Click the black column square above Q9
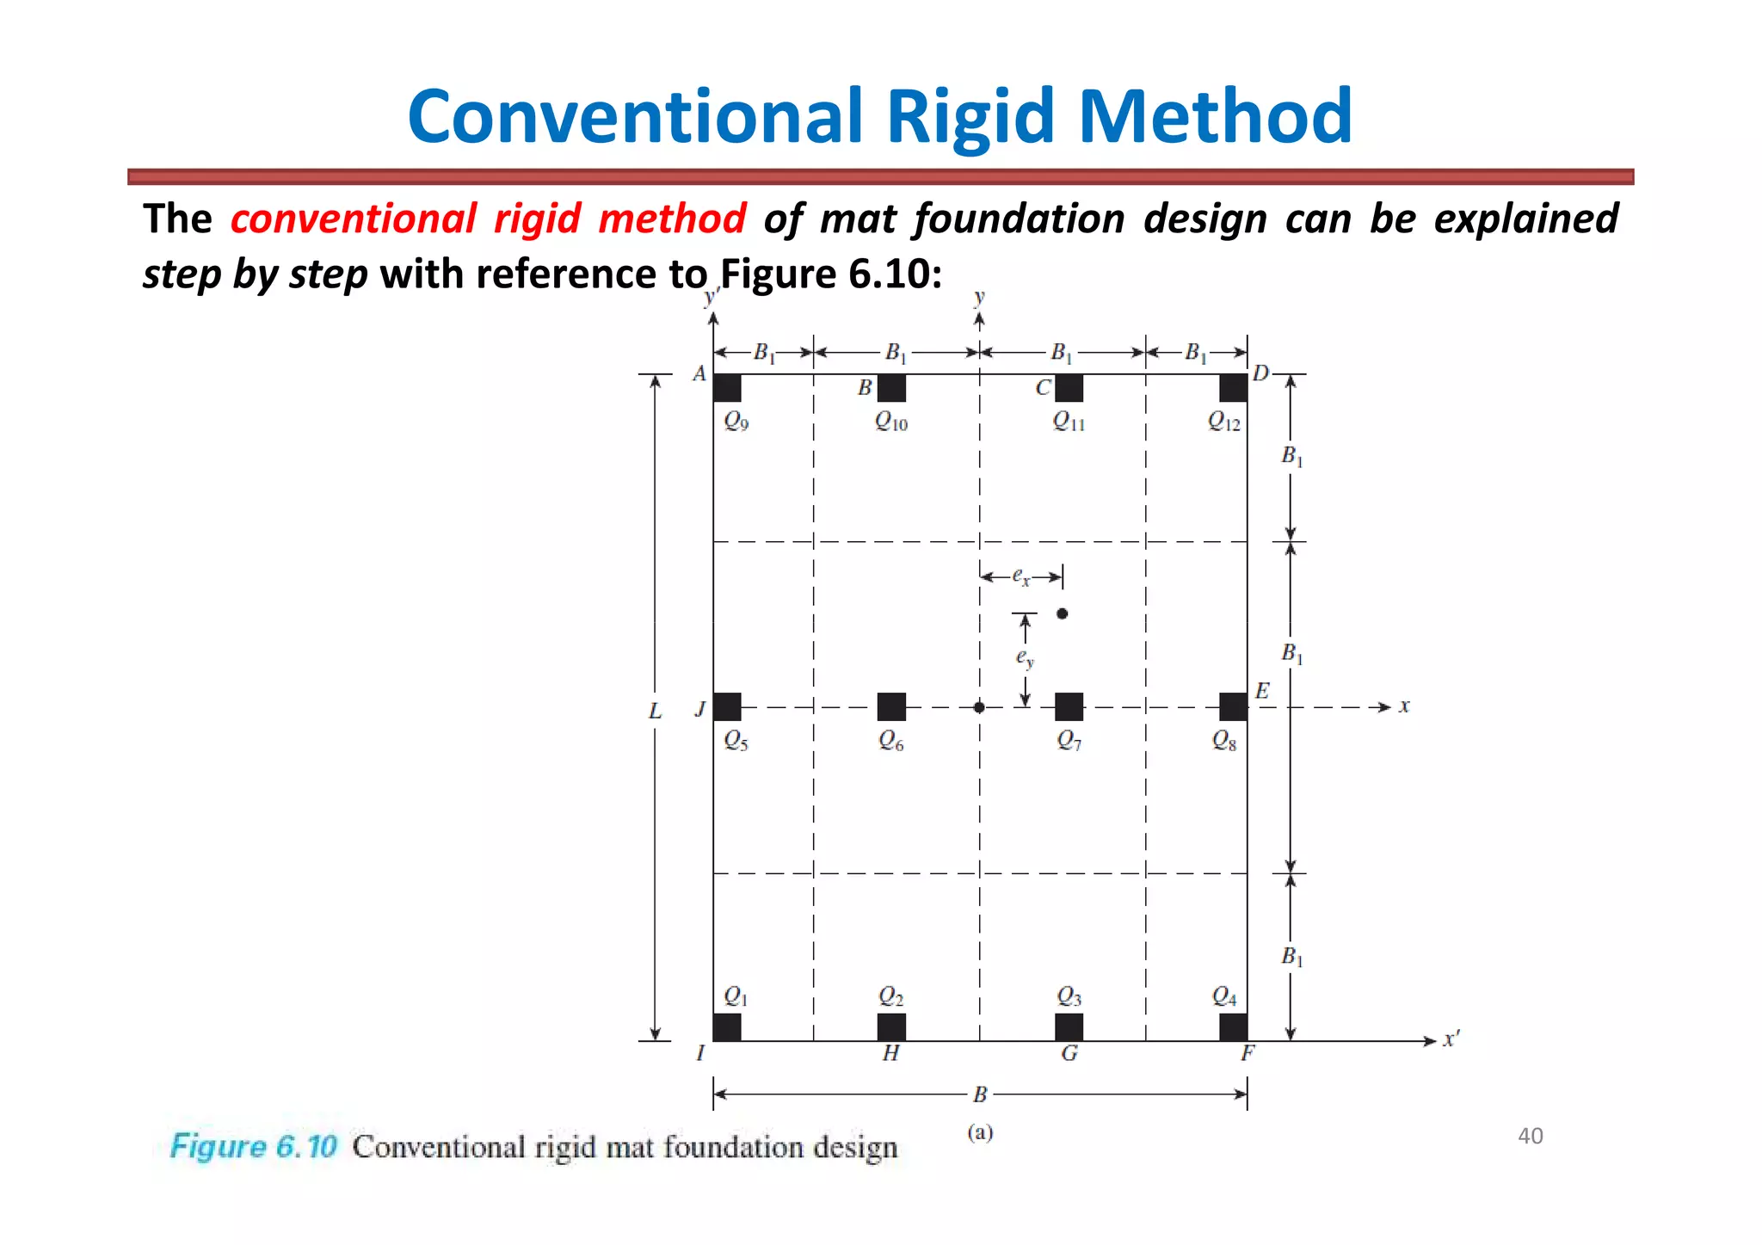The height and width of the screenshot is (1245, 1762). click(x=727, y=388)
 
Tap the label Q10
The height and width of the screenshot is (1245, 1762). click(x=891, y=421)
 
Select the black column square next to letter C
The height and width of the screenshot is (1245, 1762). click(x=1069, y=388)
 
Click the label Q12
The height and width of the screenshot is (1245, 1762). click(x=1224, y=421)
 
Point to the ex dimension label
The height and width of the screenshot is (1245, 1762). click(x=1020, y=576)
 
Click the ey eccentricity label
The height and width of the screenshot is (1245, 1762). click(x=1024, y=658)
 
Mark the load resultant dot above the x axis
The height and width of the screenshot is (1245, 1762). click(x=1063, y=613)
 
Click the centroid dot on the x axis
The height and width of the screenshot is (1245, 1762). click(x=979, y=707)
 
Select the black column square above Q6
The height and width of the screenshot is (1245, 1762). click(x=891, y=706)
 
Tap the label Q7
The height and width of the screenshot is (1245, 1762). click(x=1069, y=740)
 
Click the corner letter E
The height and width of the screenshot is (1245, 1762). click(x=1262, y=691)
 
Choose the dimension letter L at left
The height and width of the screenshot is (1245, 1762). click(x=656, y=712)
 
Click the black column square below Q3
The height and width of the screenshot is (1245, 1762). click(x=1069, y=1026)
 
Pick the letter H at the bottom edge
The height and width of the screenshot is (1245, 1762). click(x=891, y=1053)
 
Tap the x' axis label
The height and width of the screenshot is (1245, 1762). click(x=1451, y=1039)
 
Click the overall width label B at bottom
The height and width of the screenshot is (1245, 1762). click(x=980, y=1094)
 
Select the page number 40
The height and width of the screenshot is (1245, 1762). click(x=1531, y=1136)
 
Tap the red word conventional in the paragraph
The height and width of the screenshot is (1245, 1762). click(x=353, y=219)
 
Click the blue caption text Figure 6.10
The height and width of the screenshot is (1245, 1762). click(x=253, y=1147)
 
